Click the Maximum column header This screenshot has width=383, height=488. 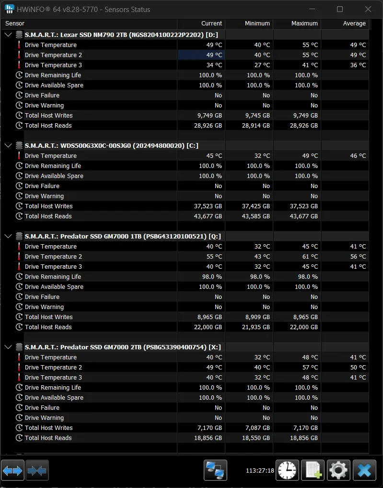point(304,24)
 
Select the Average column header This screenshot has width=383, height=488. point(354,24)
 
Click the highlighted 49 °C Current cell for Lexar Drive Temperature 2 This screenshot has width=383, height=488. point(201,55)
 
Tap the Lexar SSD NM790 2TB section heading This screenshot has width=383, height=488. point(121,35)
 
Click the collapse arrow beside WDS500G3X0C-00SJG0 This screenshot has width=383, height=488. point(9,145)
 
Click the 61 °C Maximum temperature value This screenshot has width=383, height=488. point(310,256)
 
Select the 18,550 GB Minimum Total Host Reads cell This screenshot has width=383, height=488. point(256,438)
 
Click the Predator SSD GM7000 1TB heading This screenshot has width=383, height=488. point(123,236)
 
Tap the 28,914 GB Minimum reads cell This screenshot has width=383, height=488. point(256,125)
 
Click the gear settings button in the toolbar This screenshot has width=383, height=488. point(338,470)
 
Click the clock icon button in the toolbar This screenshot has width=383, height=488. point(287,470)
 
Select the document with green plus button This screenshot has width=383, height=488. point(313,470)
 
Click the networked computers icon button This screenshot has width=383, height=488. point(215,470)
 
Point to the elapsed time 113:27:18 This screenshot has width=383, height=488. point(260,470)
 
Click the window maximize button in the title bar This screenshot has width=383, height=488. point(340,9)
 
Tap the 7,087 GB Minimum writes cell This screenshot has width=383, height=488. point(257,428)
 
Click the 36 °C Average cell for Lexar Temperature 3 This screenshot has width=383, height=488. point(358,65)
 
